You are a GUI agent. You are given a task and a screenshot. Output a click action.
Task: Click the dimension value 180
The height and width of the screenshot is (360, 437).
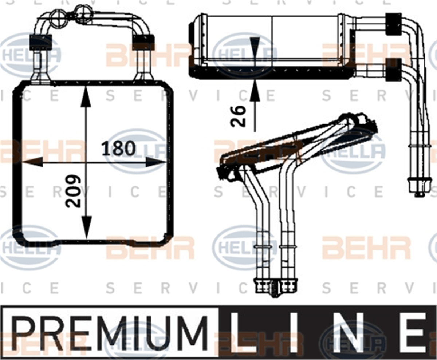coord(119,148)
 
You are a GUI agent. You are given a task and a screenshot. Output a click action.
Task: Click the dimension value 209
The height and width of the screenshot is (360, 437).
coord(73,191)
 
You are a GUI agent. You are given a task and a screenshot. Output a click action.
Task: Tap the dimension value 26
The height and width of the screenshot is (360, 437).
coord(238,116)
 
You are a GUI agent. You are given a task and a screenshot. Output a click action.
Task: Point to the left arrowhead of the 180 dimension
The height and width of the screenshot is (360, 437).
coord(32,162)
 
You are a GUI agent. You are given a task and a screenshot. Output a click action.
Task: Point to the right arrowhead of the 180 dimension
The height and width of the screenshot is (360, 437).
coord(156,162)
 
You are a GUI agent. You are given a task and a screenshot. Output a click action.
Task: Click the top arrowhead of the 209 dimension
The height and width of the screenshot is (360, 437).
coord(86,97)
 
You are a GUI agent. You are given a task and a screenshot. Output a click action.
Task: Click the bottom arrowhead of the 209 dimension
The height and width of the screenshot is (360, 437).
coord(86,228)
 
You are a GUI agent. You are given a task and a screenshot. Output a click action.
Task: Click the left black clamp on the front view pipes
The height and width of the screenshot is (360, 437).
coord(40,43)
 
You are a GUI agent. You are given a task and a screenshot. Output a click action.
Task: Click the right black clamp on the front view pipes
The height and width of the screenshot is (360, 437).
coord(144,43)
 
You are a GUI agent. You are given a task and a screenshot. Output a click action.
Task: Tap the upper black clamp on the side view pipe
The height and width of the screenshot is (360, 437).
coord(393,24)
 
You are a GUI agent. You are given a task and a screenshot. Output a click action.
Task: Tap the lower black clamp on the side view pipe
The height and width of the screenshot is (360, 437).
coord(393,70)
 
